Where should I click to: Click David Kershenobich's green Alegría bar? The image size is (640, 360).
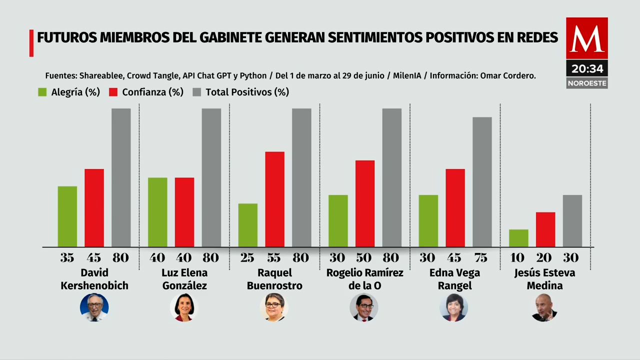coord(67,216)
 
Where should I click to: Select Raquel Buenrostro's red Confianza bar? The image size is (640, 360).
coord(274,199)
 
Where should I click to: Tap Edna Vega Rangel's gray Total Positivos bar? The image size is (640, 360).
coord(482,182)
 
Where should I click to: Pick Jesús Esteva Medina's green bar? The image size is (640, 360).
coord(518,238)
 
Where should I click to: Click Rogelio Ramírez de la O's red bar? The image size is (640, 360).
coord(365,203)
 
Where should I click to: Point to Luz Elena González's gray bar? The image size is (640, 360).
coord(211,177)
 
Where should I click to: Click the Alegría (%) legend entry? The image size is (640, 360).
coord(69,92)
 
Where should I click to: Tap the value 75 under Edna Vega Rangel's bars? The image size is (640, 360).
coord(480,258)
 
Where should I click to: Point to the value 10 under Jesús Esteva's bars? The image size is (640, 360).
coord(517,258)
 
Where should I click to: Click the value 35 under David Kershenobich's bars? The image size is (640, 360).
coord(67,258)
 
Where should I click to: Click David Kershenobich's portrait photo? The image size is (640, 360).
coord(94,307)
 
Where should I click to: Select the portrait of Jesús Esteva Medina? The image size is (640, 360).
coord(544,307)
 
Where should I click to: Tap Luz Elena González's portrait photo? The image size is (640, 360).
coord(184,307)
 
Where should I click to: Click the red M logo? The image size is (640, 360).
coord(587,38)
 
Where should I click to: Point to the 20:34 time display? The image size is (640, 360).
coord(587,69)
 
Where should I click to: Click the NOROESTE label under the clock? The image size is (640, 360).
coord(587,83)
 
